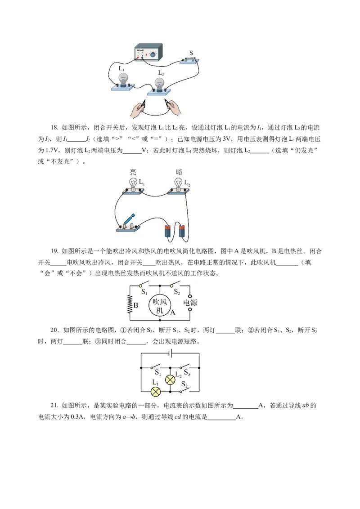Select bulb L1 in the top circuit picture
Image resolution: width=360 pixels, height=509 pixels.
point(122,80)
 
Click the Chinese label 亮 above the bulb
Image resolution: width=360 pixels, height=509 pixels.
point(133,171)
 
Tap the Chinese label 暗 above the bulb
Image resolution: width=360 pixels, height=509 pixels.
point(179,171)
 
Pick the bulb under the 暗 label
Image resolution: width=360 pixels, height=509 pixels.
point(178,184)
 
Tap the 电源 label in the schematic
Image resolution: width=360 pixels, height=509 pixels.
point(190,303)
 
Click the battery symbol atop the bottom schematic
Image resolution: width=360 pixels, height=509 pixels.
point(170,353)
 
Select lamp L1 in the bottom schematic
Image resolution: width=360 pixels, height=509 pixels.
point(156,391)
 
